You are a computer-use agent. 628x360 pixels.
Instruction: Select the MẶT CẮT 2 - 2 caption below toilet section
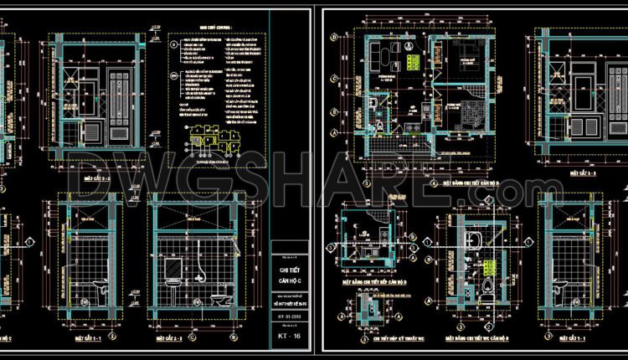(195, 340)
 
